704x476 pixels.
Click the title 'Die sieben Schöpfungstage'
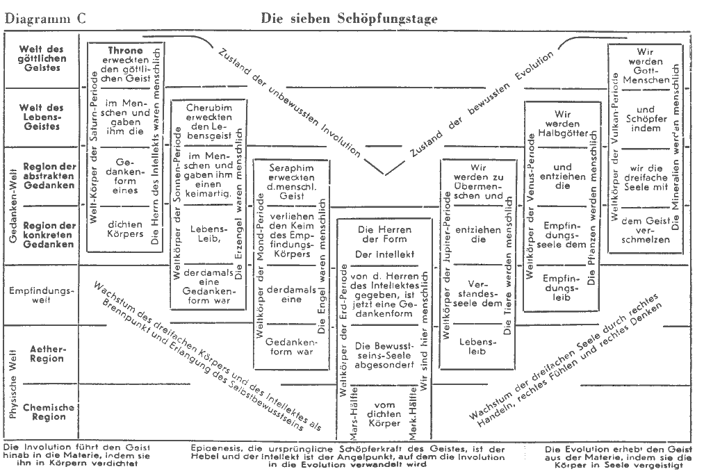(349, 18)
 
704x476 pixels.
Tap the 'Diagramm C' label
(45, 19)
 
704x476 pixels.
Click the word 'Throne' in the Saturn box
(125, 51)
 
